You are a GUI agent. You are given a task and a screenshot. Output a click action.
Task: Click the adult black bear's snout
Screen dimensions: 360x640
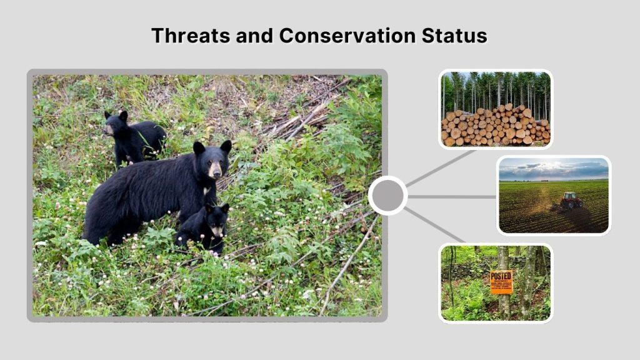(216, 170)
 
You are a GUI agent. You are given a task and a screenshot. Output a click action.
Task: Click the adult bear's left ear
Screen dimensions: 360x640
(199, 148)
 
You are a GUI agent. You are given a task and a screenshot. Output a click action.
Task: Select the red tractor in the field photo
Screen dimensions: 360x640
(570, 200)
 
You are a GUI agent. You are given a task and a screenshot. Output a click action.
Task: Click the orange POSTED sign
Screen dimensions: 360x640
(501, 282)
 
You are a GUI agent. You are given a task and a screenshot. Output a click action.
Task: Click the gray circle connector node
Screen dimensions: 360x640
(387, 196)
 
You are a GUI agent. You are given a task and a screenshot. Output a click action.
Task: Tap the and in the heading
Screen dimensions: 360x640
(256, 35)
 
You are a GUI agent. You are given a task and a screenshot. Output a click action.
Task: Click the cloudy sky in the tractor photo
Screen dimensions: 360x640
(553, 167)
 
